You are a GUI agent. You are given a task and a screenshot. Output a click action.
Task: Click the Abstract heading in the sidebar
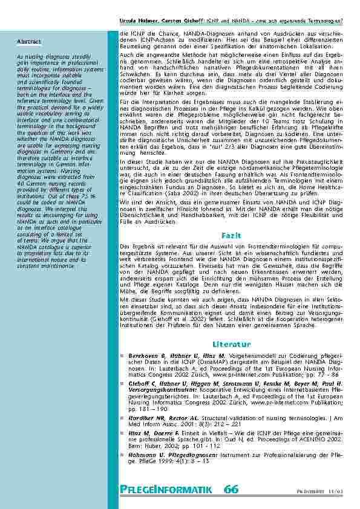(x=29, y=42)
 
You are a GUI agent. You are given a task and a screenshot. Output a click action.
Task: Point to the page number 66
(x=230, y=488)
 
